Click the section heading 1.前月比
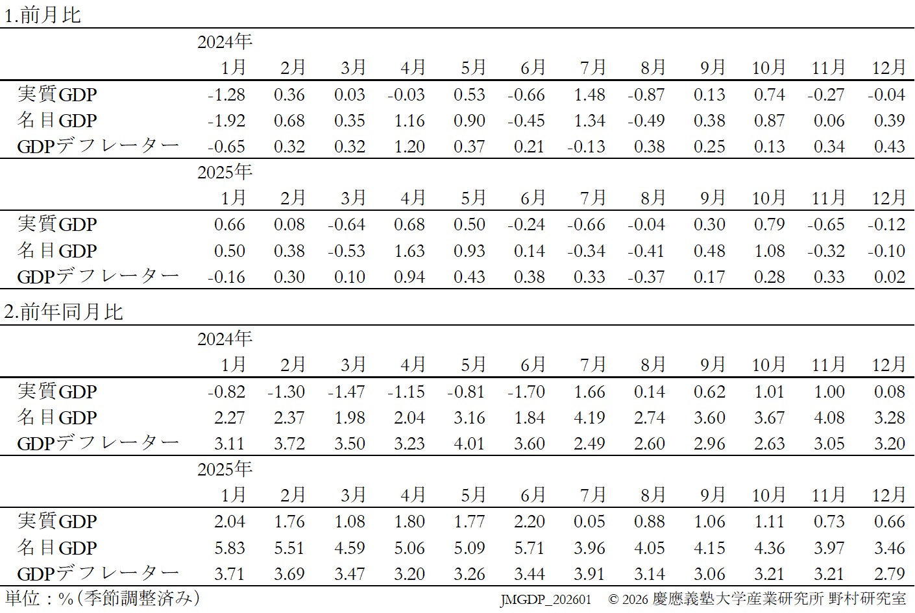click(x=43, y=15)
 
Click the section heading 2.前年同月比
click(x=64, y=312)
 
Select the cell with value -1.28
click(x=226, y=95)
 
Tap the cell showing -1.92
click(x=226, y=121)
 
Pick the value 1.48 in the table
click(x=589, y=95)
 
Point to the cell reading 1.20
click(x=409, y=147)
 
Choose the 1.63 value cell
click(x=409, y=251)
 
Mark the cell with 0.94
click(x=409, y=277)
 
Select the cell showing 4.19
click(x=589, y=418)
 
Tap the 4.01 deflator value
click(x=469, y=444)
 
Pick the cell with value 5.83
click(x=230, y=548)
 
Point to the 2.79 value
click(x=889, y=574)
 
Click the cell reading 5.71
click(x=530, y=548)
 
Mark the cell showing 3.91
click(x=589, y=574)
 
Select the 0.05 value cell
click(x=589, y=522)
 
